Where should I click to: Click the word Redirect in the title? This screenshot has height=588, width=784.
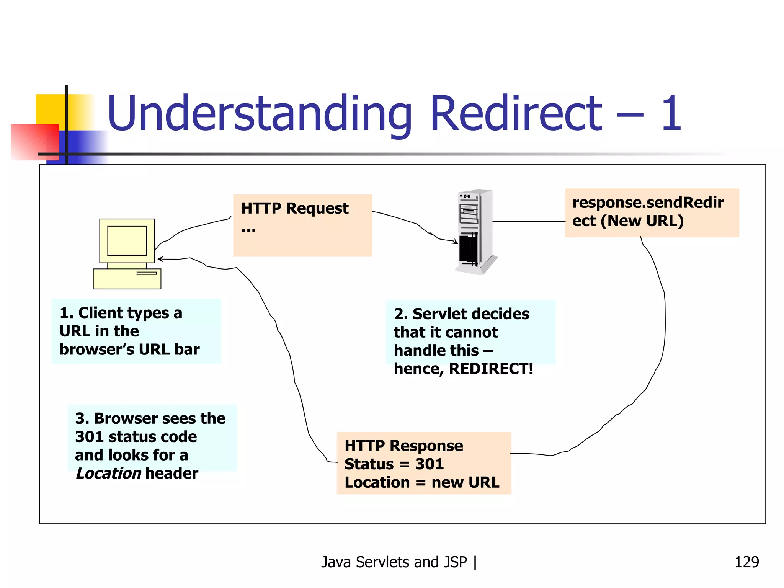pyautogui.click(x=516, y=114)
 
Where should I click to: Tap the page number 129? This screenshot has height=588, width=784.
pyautogui.click(x=746, y=562)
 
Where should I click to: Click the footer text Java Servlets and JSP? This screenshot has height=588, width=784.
pyautogui.click(x=394, y=562)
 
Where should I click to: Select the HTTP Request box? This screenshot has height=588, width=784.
pyautogui.click(x=302, y=225)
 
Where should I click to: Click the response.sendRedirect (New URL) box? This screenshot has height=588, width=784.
pyautogui.click(x=652, y=213)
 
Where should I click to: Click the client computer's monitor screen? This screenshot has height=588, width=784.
pyautogui.click(x=127, y=240)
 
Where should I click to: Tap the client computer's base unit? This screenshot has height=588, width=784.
pyautogui.click(x=127, y=279)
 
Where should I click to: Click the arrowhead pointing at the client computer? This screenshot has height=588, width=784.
pyautogui.click(x=160, y=259)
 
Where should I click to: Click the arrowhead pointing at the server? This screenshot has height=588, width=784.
pyautogui.click(x=456, y=242)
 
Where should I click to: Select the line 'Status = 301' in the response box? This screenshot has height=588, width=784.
pyautogui.click(x=394, y=464)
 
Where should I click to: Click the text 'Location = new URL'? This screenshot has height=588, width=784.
pyautogui.click(x=421, y=482)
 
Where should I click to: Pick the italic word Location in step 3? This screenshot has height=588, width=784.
pyautogui.click(x=109, y=474)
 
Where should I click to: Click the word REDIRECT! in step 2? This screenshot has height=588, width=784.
pyautogui.click(x=491, y=369)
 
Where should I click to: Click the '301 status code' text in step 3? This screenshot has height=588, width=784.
pyautogui.click(x=136, y=437)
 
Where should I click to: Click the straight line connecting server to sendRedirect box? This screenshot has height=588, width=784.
pyautogui.click(x=528, y=221)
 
